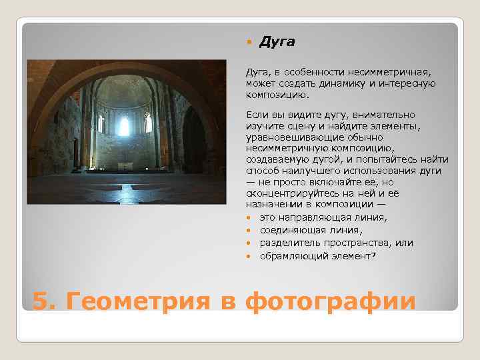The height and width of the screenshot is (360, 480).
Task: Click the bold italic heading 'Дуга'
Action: click(277, 42)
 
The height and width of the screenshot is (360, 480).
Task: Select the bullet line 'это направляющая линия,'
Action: click(313, 217)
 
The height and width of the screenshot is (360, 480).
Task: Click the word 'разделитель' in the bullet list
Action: click(288, 243)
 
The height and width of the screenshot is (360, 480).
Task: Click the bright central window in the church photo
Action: click(124, 126)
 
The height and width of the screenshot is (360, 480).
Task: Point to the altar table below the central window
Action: click(124, 164)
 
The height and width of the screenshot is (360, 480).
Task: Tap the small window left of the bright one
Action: click(101, 125)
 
